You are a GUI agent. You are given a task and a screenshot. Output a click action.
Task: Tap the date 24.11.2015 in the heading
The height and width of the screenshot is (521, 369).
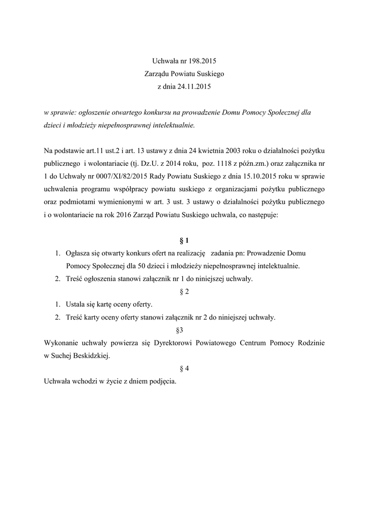click(x=194, y=87)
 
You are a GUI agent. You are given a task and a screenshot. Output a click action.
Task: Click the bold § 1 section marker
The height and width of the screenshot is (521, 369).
click(x=184, y=240)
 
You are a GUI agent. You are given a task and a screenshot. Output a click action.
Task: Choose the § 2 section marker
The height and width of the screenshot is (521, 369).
click(x=184, y=292)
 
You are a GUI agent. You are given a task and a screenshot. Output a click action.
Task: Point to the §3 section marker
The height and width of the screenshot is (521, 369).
click(x=184, y=330)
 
